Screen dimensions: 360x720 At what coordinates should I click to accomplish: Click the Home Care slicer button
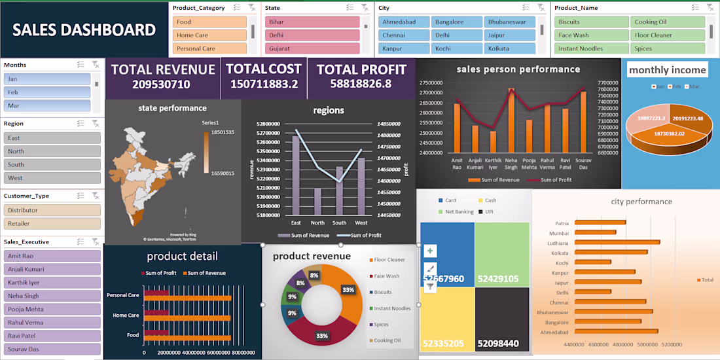[210, 35]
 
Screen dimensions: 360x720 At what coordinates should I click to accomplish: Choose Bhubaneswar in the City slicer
[510, 22]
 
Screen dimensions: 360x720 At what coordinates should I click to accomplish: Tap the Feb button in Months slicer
[46, 92]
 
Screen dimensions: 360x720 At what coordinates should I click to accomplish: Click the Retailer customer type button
[52, 224]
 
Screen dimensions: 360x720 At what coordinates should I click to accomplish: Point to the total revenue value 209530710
[161, 84]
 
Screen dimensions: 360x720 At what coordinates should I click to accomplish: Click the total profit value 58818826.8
[361, 84]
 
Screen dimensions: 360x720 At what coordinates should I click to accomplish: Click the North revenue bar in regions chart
[317, 204]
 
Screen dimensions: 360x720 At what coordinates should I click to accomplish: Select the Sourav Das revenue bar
[583, 122]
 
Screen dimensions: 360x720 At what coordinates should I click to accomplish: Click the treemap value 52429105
[498, 279]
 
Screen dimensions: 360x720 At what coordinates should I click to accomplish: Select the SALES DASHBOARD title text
[84, 30]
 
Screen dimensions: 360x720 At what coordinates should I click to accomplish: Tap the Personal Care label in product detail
[123, 295]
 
